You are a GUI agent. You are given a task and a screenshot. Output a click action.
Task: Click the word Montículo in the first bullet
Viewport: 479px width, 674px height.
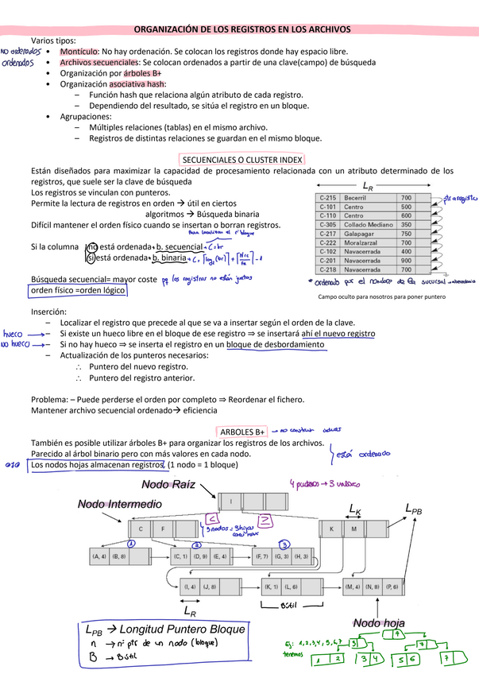80,51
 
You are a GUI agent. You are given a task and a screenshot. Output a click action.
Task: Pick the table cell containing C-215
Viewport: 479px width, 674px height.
328,197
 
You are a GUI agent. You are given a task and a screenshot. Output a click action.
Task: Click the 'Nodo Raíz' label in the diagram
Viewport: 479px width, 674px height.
168,485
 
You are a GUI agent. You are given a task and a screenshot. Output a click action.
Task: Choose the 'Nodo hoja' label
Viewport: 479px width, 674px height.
380,622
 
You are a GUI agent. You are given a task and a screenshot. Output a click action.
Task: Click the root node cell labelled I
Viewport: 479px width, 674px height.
230,502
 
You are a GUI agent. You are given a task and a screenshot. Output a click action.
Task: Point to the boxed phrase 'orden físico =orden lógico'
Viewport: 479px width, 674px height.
77,290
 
